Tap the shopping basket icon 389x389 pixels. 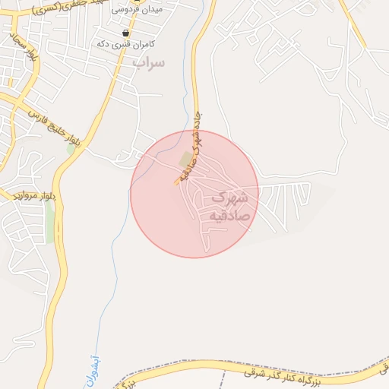125,33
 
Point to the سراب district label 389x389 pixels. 148,63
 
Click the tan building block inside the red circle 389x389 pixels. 185,159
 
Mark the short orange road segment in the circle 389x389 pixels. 177,182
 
